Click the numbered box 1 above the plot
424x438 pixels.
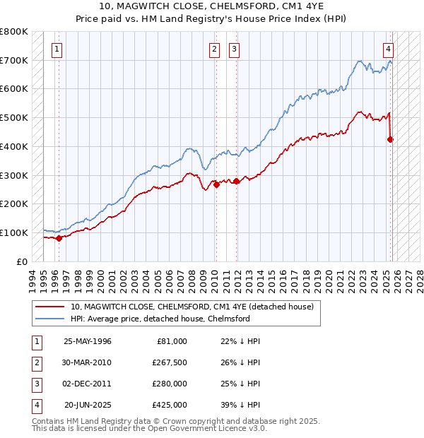(x=56, y=49)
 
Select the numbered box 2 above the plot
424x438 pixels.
(x=214, y=49)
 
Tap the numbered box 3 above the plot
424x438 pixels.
(x=234, y=49)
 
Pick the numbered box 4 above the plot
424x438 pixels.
(x=389, y=49)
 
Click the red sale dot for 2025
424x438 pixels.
(x=390, y=139)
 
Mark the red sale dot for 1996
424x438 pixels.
(x=59, y=238)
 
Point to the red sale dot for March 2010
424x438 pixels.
(x=217, y=184)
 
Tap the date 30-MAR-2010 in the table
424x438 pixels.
(x=87, y=362)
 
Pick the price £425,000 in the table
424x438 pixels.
(x=170, y=405)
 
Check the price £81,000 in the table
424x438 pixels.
(x=170, y=341)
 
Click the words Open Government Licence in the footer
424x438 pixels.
(x=206, y=428)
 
